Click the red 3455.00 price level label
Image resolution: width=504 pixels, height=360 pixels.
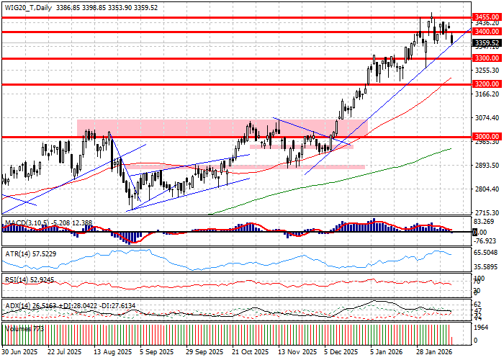point(487,17)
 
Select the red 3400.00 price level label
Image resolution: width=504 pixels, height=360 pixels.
point(487,32)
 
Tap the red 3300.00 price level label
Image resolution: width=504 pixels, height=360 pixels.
point(487,58)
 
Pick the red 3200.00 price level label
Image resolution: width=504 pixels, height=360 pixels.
point(487,84)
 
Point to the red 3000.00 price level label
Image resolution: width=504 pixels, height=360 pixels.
point(487,136)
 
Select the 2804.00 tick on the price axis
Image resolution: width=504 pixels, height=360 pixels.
point(487,189)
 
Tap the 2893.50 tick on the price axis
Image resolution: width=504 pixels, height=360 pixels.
point(487,165)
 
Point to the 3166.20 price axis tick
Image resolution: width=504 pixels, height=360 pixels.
point(487,94)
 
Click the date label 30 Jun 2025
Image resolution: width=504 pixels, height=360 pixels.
point(20,353)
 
